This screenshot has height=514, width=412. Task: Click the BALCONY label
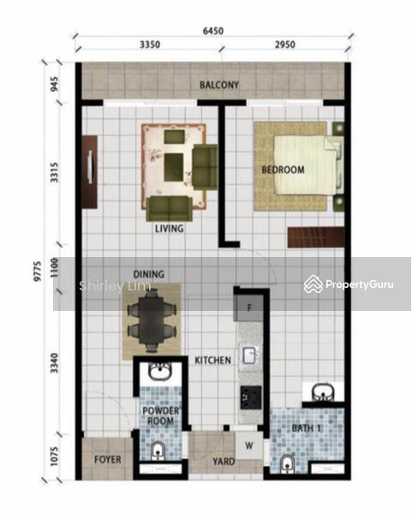pos(219,85)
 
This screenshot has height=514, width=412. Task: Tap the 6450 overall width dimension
pos(213,31)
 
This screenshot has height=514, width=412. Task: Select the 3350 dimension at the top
pos(150,45)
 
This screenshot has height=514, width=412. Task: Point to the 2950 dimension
pos(285,45)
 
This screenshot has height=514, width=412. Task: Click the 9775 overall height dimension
pos(38,271)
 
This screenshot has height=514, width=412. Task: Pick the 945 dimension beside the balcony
pos(55,84)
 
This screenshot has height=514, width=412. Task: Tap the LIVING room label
pos(169,229)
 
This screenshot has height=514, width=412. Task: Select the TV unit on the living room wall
pos(90,172)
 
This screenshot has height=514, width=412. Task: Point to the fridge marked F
pos(248,308)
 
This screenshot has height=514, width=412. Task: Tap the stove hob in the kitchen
pos(251,397)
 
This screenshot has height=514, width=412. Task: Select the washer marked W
pos(249,445)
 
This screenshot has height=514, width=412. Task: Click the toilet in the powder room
pos(158,451)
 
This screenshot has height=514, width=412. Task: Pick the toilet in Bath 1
pos(288,464)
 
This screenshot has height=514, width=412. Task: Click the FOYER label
pos(108,460)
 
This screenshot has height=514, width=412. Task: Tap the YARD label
pos(224,462)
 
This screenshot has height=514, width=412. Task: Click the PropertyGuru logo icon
pos(313,284)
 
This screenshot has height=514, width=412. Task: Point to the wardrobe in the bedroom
pos(316,237)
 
